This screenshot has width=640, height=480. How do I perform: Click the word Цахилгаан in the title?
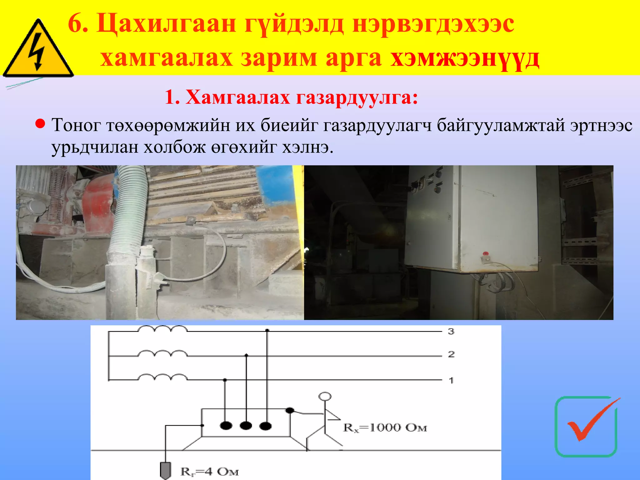[x=166, y=24]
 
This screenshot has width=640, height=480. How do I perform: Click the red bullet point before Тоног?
[x=40, y=124]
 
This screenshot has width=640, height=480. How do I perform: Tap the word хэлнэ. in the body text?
[x=307, y=147]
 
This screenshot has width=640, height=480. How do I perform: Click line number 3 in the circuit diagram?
[x=451, y=331]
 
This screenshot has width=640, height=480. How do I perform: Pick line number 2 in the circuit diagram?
[x=451, y=354]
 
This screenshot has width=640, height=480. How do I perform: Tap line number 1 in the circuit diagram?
[x=451, y=380]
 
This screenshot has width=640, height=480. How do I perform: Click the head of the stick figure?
[x=325, y=397]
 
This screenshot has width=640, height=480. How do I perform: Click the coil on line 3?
[x=162, y=329]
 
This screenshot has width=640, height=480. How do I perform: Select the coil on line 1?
[x=162, y=377]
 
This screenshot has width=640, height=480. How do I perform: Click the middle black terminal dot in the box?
[x=246, y=426]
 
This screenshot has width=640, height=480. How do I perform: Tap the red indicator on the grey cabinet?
[x=485, y=253]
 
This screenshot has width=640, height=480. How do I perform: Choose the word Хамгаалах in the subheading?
[x=238, y=97]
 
